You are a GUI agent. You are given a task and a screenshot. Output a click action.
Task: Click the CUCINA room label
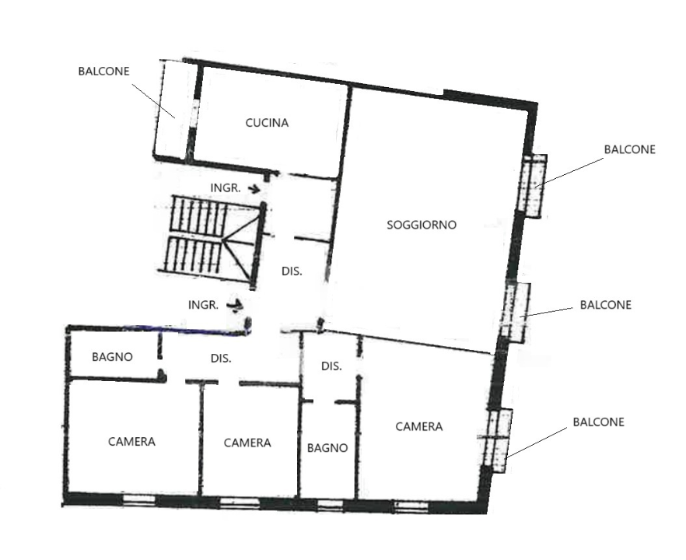267,123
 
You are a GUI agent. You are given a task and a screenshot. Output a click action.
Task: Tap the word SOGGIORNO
422,226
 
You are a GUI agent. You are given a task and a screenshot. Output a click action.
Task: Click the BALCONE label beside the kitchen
103,71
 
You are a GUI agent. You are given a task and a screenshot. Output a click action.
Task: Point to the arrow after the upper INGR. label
254,188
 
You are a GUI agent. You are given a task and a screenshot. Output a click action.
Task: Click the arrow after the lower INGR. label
234,305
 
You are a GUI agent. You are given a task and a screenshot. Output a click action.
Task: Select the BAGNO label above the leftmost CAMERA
112,358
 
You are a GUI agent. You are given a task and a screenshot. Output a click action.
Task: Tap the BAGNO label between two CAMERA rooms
327,449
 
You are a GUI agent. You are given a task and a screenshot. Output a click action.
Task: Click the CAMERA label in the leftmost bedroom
131,442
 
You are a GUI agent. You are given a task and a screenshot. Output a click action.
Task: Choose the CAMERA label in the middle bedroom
247,443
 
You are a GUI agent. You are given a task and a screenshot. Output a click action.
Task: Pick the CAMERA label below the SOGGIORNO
419,427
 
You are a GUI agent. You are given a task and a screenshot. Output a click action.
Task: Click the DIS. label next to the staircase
291,272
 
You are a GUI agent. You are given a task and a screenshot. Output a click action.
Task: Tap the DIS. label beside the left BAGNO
221,359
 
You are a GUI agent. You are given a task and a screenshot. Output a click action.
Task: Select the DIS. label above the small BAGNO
331,366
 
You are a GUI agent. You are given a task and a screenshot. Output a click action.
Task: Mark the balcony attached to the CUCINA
174,109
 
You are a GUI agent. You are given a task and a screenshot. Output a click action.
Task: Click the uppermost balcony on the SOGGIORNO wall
533,185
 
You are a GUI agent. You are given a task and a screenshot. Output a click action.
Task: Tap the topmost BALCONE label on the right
629,149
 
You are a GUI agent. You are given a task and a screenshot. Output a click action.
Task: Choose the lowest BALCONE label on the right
598,422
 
